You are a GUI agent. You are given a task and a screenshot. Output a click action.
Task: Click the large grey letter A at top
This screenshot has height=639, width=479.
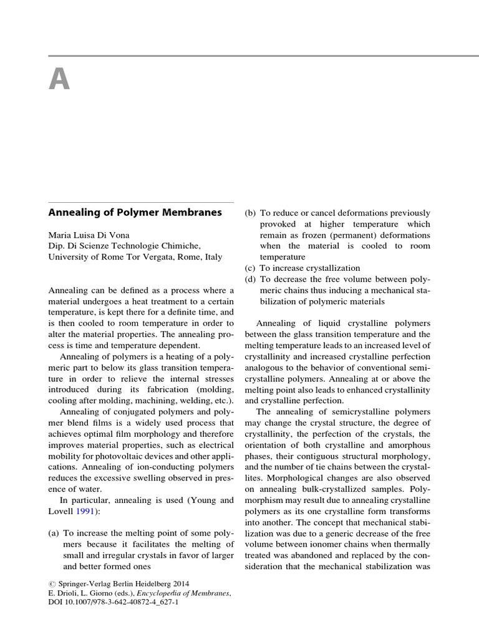[x=59, y=79]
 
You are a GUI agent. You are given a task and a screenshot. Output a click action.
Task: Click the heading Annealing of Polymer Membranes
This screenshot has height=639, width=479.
[x=135, y=212]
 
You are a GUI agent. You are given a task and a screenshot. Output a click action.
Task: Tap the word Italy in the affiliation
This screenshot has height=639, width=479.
[x=221, y=256]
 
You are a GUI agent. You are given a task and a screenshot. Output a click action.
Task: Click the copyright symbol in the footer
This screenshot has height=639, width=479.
[x=52, y=583]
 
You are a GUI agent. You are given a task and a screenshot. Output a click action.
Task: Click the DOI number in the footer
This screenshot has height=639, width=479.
[x=121, y=605]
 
